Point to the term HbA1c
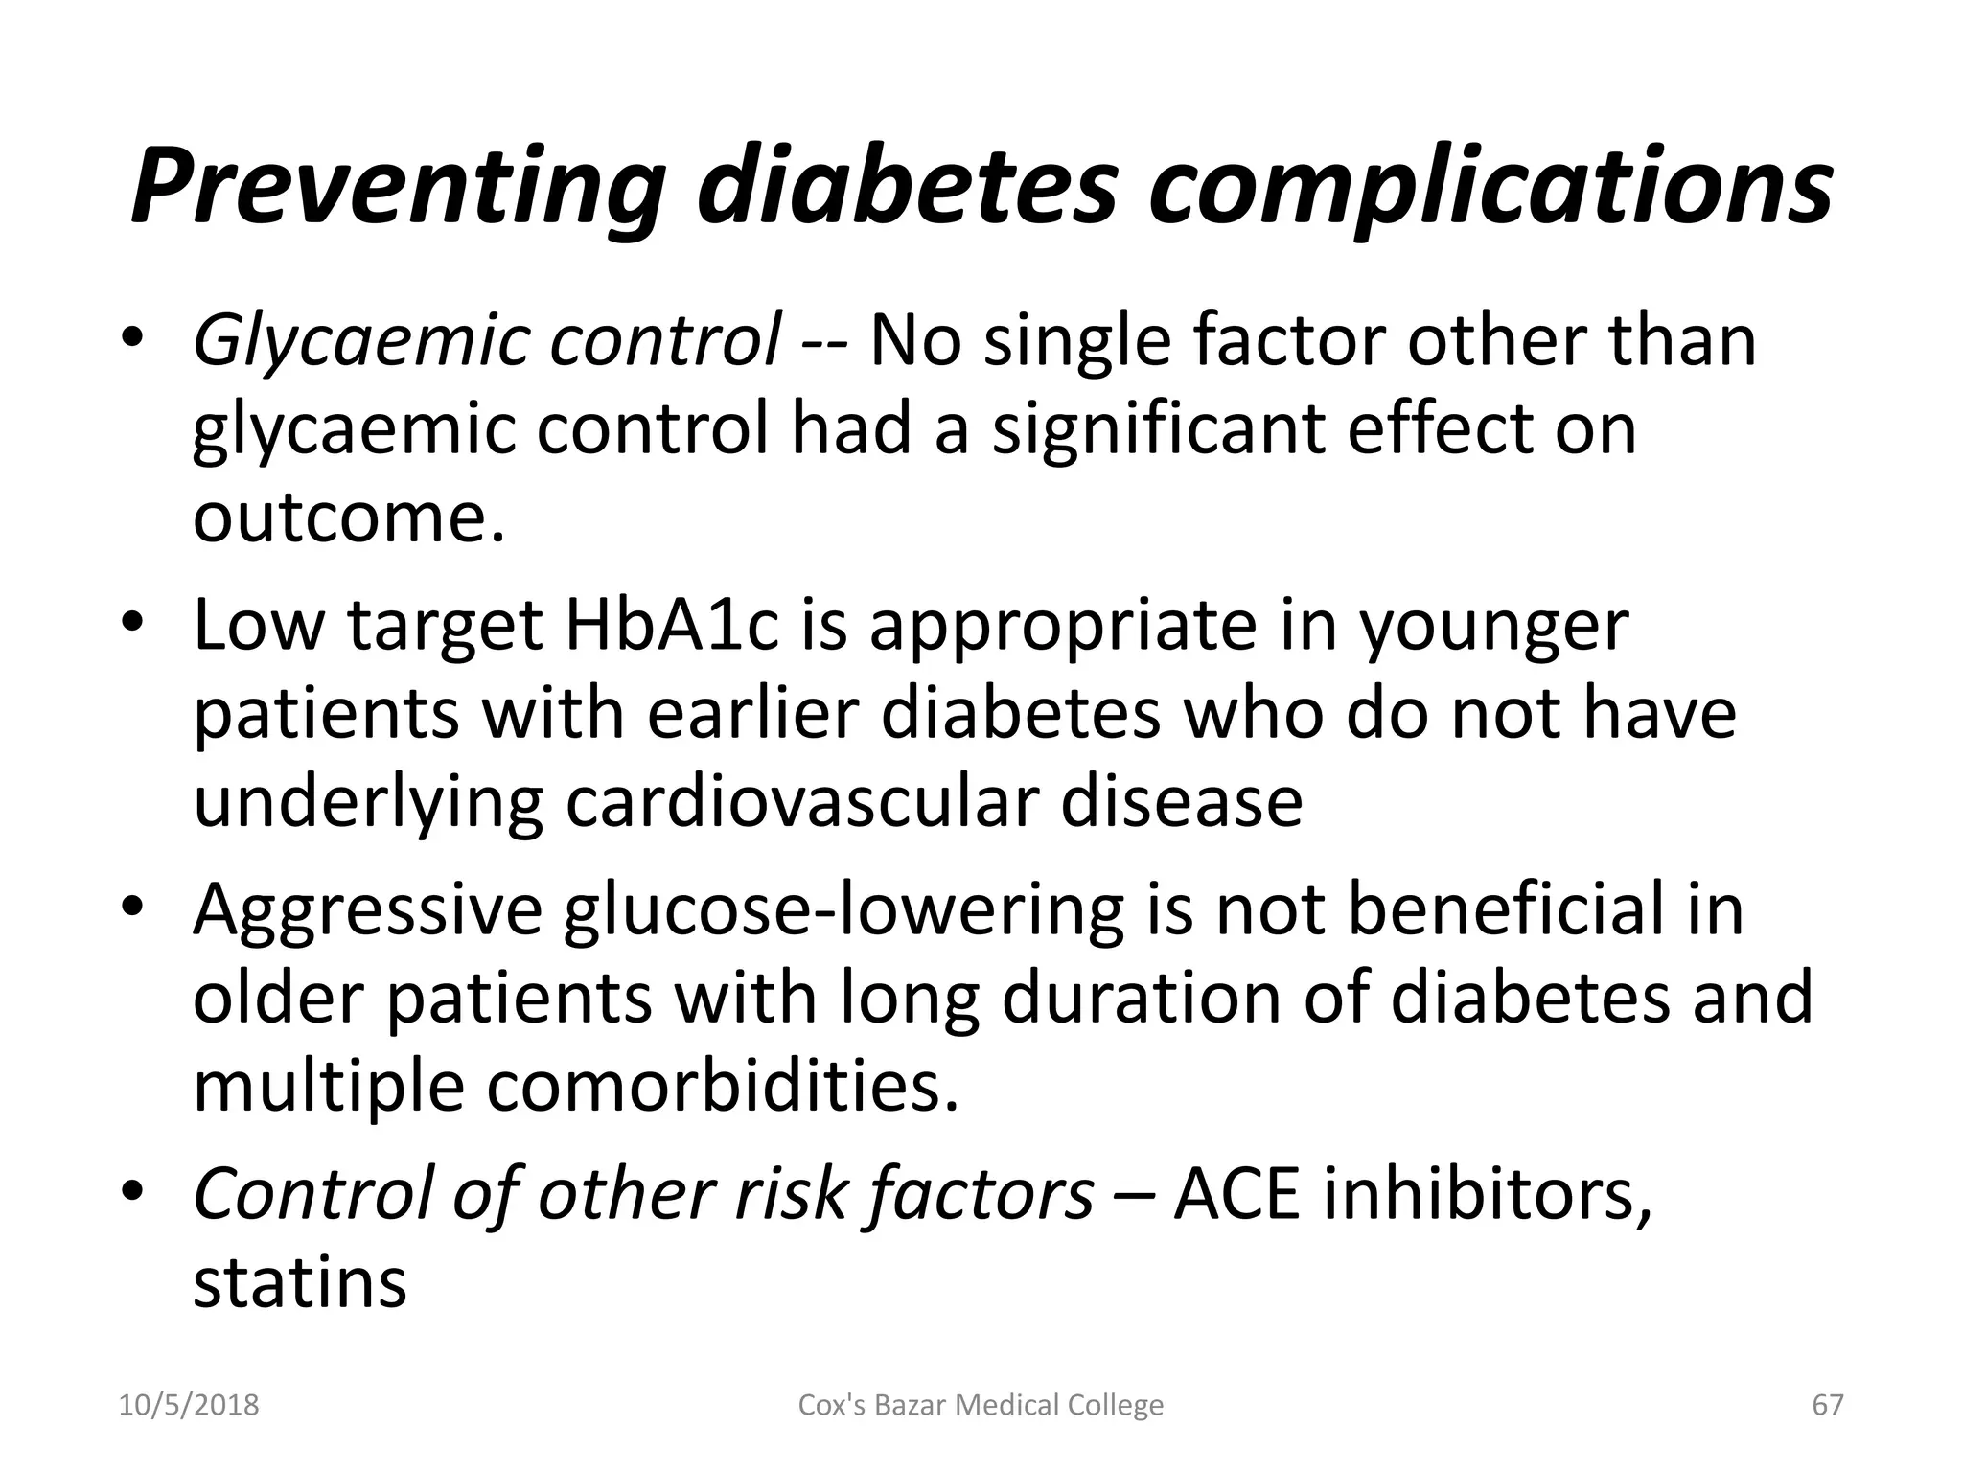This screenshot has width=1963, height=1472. (x=672, y=625)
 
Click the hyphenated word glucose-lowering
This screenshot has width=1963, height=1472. (x=843, y=910)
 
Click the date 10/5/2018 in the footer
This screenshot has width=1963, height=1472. (x=189, y=1405)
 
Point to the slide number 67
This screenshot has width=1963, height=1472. (x=1828, y=1405)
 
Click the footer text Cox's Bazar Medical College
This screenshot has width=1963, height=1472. (x=981, y=1405)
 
